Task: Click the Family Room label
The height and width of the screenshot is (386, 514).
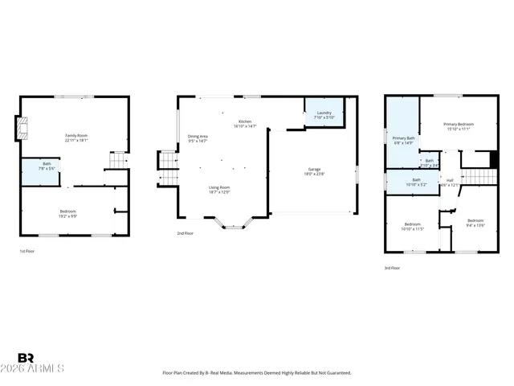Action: click(x=76, y=138)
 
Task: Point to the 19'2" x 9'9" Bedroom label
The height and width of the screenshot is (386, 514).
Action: click(x=68, y=212)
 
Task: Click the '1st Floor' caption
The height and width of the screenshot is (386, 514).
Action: click(x=28, y=252)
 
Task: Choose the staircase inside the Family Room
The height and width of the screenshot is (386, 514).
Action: click(x=117, y=160)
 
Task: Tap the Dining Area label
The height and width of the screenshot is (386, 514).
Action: click(x=198, y=138)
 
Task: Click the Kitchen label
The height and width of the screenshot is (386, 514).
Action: click(x=244, y=124)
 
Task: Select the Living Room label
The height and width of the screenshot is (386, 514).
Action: click(x=219, y=190)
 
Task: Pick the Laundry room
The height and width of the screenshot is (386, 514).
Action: click(x=324, y=114)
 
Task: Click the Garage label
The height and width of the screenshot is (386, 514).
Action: click(x=312, y=171)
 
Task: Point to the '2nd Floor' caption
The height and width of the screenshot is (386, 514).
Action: click(x=186, y=233)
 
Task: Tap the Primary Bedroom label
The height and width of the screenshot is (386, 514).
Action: click(x=459, y=125)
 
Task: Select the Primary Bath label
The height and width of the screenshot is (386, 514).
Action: click(x=403, y=140)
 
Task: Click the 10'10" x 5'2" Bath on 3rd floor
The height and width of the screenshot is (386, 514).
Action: click(x=416, y=182)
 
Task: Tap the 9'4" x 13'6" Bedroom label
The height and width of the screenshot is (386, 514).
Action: click(x=475, y=222)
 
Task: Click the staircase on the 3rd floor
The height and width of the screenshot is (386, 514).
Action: click(x=477, y=176)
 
